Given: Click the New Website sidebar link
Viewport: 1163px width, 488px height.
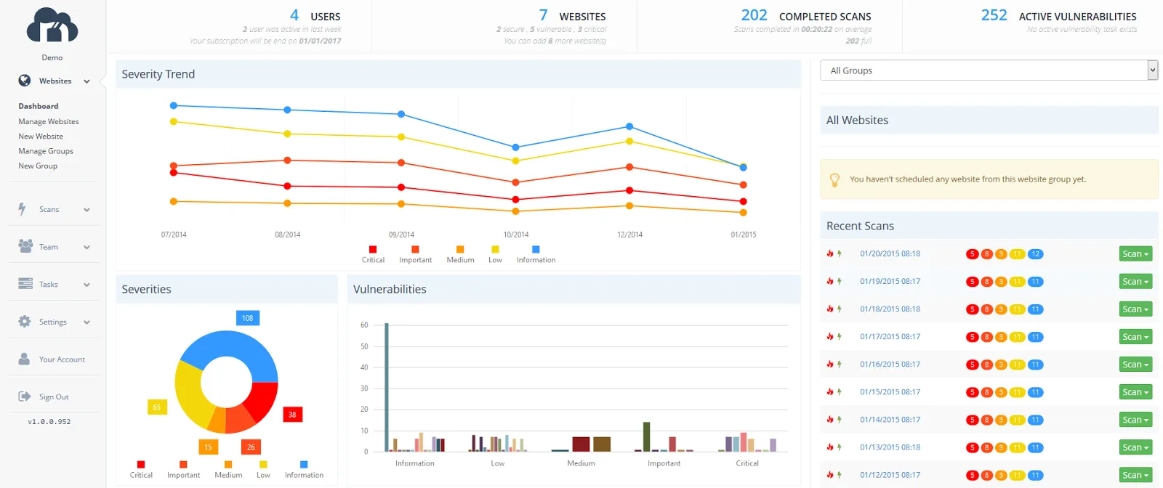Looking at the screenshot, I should [x=41, y=137].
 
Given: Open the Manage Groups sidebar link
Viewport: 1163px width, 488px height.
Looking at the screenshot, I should [x=46, y=151].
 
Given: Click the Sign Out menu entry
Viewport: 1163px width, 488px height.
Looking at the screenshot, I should [x=53, y=397].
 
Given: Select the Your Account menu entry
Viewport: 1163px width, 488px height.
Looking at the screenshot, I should [x=61, y=359].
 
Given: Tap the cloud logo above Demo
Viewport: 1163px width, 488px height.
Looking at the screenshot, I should [x=52, y=26].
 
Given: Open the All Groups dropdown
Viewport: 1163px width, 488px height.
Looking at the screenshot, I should [x=988, y=70].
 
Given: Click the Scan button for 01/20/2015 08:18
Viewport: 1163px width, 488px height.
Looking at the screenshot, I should [x=1135, y=254].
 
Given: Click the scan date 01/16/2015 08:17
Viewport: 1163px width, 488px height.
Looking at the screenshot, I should [x=890, y=365].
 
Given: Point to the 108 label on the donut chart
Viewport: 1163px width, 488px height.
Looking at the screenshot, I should [x=248, y=318].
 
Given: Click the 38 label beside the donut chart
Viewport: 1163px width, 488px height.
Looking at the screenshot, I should [x=292, y=415].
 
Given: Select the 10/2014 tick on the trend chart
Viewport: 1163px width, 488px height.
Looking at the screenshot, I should [x=516, y=235].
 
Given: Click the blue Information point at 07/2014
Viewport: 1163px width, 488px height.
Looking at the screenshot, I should [x=174, y=106].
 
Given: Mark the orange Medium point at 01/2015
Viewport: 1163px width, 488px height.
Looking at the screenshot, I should [x=743, y=213].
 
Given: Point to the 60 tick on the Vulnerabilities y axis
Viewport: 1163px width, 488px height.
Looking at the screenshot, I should [x=364, y=325].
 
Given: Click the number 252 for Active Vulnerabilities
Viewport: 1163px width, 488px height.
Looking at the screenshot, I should [x=994, y=15].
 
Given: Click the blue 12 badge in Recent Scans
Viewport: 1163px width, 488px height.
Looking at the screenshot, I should [x=1036, y=254].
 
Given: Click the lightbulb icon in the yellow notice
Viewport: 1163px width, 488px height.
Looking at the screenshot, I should [x=834, y=179].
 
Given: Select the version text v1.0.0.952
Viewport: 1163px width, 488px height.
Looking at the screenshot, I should [x=49, y=422].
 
